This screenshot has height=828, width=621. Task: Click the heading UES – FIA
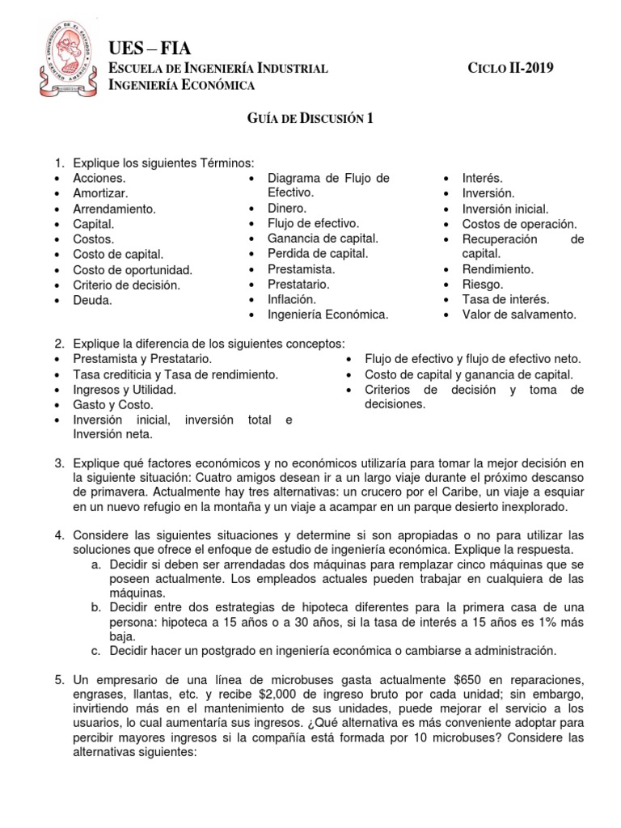pos(150,49)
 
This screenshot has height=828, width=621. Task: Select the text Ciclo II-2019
pos(511,68)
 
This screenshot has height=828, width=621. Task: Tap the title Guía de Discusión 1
pos(310,119)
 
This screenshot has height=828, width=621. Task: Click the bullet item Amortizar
pos(100,193)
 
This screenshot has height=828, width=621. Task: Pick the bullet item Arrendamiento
pos(114,209)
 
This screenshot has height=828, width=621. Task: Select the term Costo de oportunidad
pos(133,269)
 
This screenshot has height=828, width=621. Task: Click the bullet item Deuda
pos(92,300)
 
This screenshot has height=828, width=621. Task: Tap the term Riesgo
pos(483,284)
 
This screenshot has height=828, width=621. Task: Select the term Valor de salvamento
pos(519,315)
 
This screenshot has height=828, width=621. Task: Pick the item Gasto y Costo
pos(112,404)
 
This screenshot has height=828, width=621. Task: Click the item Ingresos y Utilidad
pos(125,389)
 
